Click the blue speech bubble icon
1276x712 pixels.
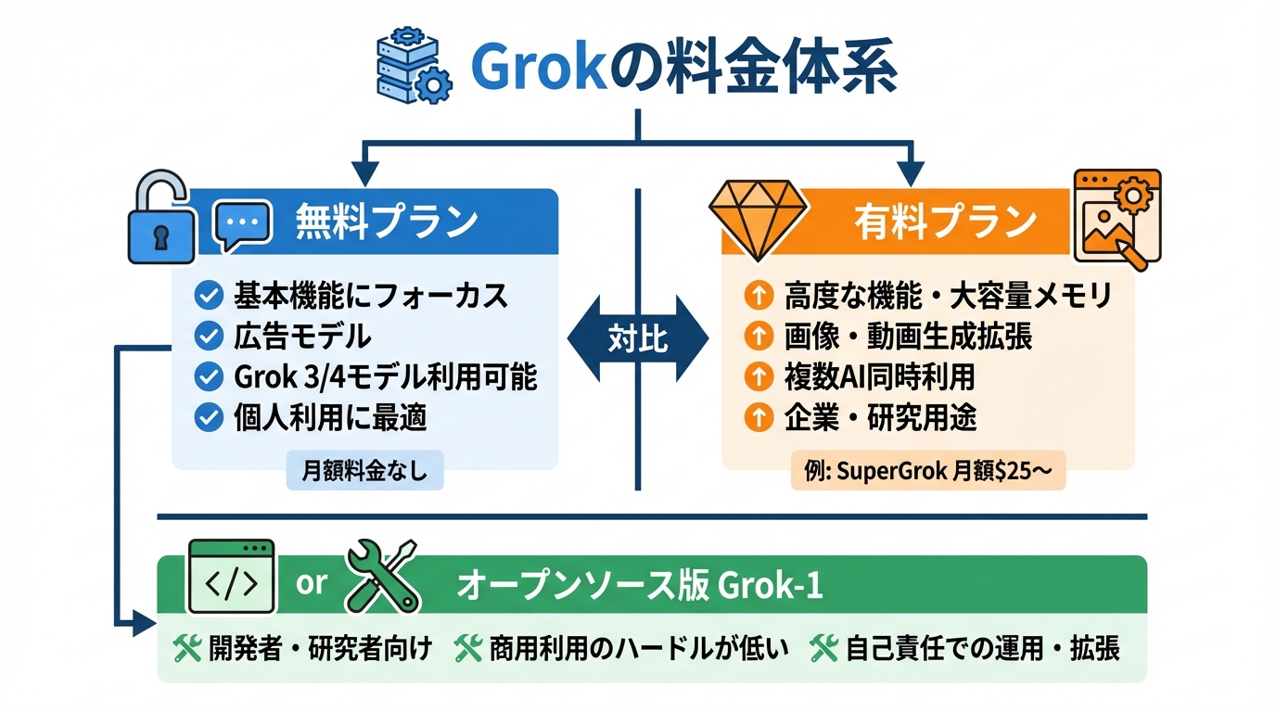242,225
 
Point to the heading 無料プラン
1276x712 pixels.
387,222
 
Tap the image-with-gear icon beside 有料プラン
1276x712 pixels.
1116,217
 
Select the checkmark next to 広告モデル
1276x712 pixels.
208,336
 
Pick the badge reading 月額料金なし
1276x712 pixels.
365,471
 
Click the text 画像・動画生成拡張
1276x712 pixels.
908,336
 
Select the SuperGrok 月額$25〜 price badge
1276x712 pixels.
927,471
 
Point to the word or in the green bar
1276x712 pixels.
311,582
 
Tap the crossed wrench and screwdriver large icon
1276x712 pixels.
381,577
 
